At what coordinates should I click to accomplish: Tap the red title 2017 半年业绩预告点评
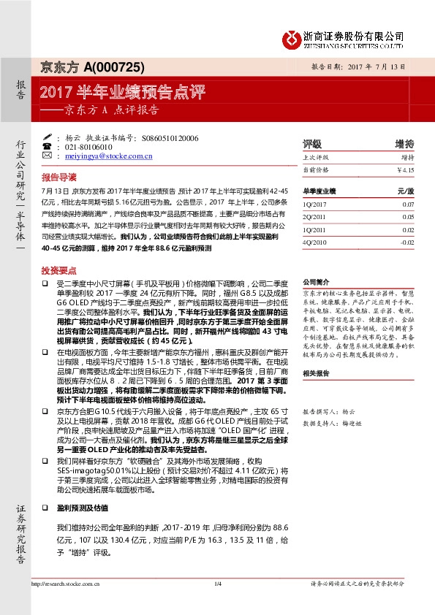pyautogui.click(x=123, y=92)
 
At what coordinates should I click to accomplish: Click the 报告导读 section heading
pyautogui.click(x=58, y=177)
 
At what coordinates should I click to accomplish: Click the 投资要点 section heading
pyautogui.click(x=58, y=270)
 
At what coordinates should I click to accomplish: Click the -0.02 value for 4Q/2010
pyautogui.click(x=406, y=240)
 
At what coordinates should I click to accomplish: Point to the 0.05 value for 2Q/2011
pyautogui.click(x=407, y=217)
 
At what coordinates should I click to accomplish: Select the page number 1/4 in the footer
pyautogui.click(x=217, y=603)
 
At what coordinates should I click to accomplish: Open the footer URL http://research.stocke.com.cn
pyautogui.click(x=61, y=603)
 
